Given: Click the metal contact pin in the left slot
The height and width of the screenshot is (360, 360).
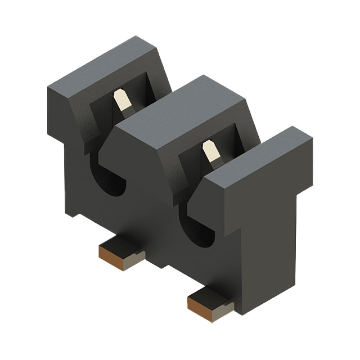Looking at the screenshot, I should coord(120,102).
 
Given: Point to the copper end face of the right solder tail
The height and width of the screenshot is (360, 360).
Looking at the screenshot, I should coord(199,306).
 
